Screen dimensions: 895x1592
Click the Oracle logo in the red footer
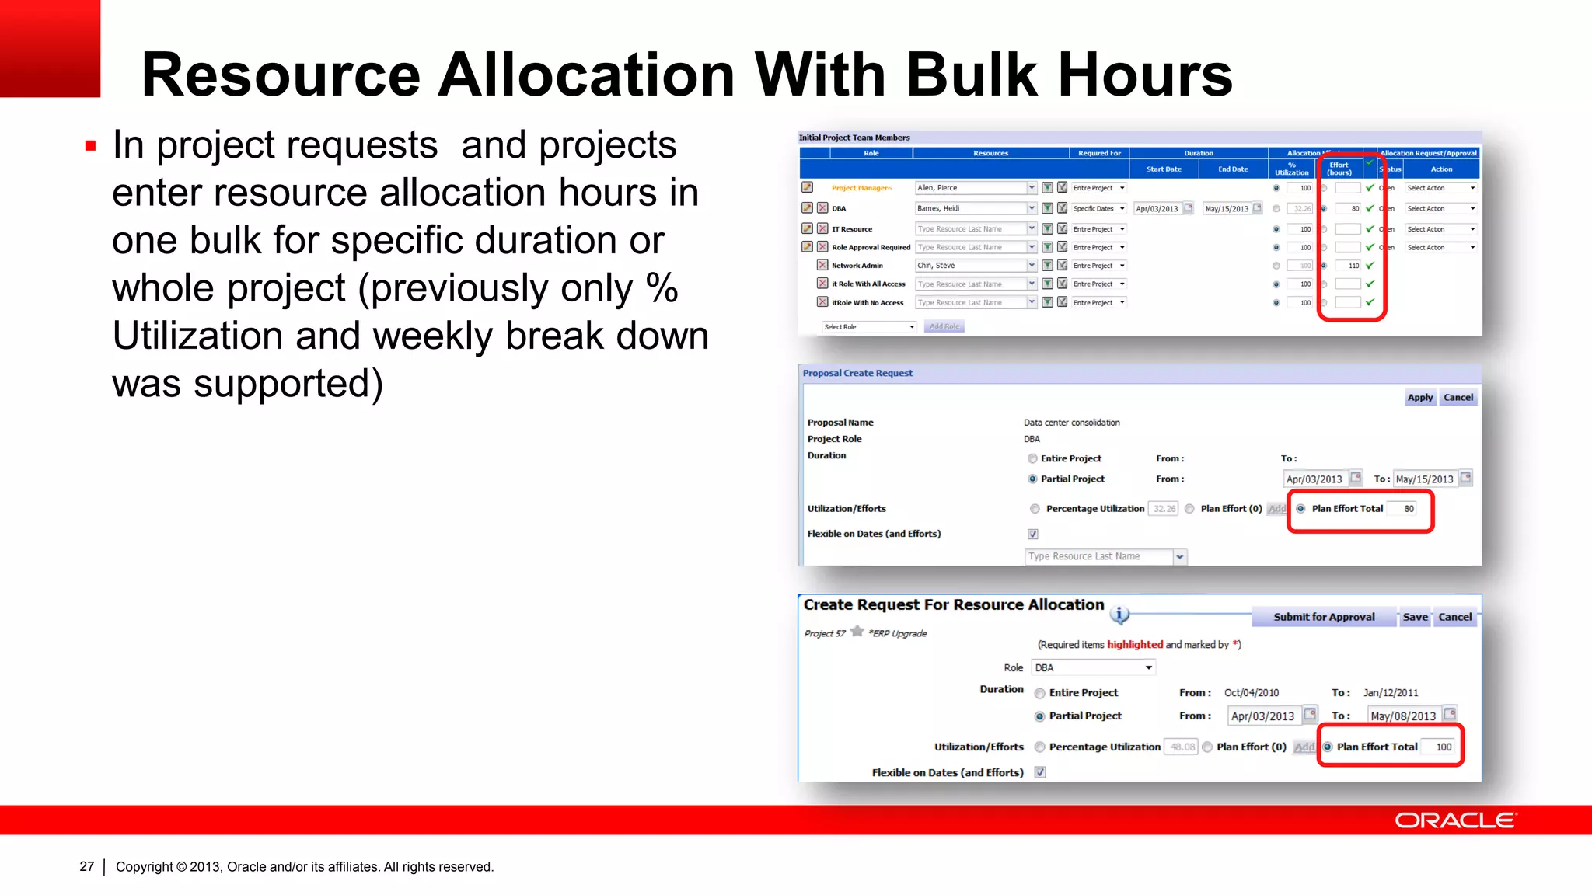point(1454,820)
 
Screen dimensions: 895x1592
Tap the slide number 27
point(86,866)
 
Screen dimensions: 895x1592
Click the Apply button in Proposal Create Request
point(1419,398)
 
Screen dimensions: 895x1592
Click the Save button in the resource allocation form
point(1415,617)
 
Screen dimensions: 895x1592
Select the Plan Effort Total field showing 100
point(1443,747)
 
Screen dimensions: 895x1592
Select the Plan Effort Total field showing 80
point(1408,509)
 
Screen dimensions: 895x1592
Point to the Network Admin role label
point(857,266)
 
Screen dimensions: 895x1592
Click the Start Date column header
point(1163,169)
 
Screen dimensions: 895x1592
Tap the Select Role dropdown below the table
point(868,327)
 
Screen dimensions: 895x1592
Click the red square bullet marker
point(91,145)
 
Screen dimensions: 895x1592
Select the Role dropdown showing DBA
point(1092,667)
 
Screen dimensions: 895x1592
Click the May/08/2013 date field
point(1403,716)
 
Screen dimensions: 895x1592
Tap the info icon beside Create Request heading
point(1119,615)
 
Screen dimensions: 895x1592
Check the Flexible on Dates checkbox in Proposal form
point(1033,534)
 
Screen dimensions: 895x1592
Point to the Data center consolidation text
point(1071,423)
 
